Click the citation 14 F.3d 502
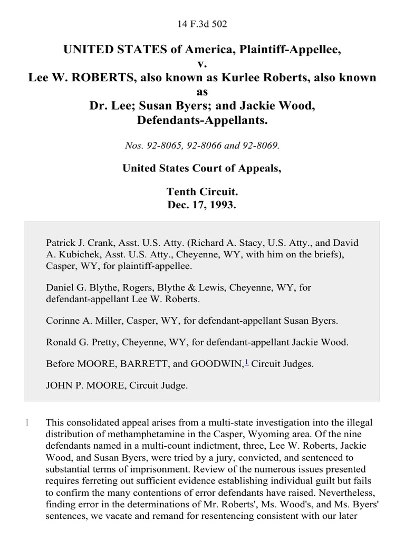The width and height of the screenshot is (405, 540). click(x=202, y=24)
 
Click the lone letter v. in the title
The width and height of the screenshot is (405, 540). click(x=202, y=64)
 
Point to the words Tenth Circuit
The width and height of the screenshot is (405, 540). click(x=202, y=191)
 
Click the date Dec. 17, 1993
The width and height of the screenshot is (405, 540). click(x=202, y=205)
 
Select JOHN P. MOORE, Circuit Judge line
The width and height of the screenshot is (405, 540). click(x=117, y=385)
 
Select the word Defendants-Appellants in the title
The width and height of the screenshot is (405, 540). click(x=202, y=120)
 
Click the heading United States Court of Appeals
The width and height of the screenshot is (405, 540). click(x=202, y=168)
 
